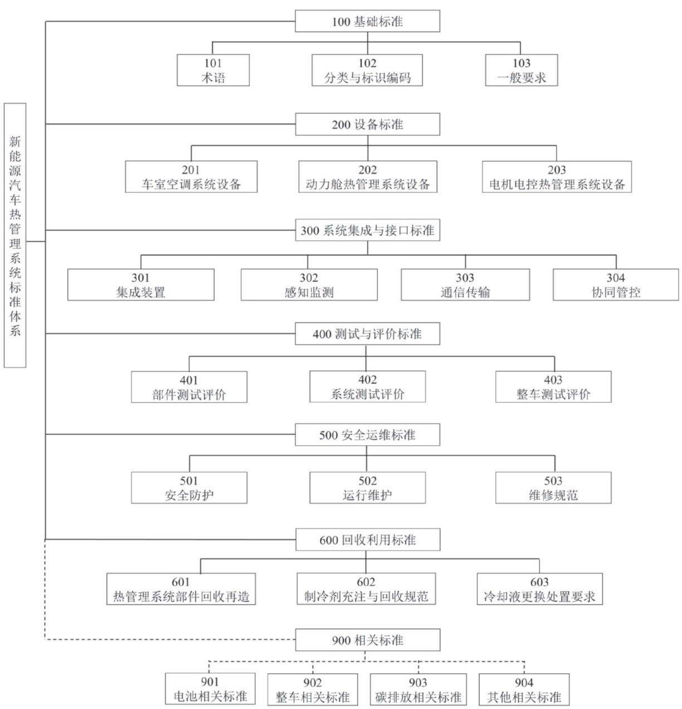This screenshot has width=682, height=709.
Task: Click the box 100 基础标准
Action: coord(367,22)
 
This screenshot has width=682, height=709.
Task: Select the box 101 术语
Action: coord(213,70)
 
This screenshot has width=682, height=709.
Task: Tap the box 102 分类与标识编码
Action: coord(367,70)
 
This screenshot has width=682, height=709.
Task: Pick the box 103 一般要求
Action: coord(521,70)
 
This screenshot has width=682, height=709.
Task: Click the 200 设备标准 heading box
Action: coord(367,124)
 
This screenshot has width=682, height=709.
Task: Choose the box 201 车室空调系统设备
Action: coord(191,177)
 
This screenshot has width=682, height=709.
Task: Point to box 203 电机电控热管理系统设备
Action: coord(557,177)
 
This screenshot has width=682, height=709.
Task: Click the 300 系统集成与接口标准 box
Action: coord(367,230)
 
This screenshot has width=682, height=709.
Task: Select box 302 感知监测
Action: coord(309,285)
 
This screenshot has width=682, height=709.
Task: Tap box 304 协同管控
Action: coord(616,285)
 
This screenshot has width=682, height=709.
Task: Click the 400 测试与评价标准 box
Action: coord(367,334)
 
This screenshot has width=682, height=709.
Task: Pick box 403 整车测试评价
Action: coord(553,387)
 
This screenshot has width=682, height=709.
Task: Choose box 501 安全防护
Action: coord(189,488)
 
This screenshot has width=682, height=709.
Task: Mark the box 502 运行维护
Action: coord(367,488)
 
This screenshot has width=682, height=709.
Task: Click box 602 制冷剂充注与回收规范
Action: coord(366,589)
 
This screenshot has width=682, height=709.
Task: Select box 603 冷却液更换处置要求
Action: coord(539,589)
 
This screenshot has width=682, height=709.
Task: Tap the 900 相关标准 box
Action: coord(367,640)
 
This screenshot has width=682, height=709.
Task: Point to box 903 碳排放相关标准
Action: coord(418,689)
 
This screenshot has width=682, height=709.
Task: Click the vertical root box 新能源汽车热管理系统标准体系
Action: coord(15,235)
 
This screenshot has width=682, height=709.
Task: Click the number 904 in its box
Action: coord(524,683)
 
